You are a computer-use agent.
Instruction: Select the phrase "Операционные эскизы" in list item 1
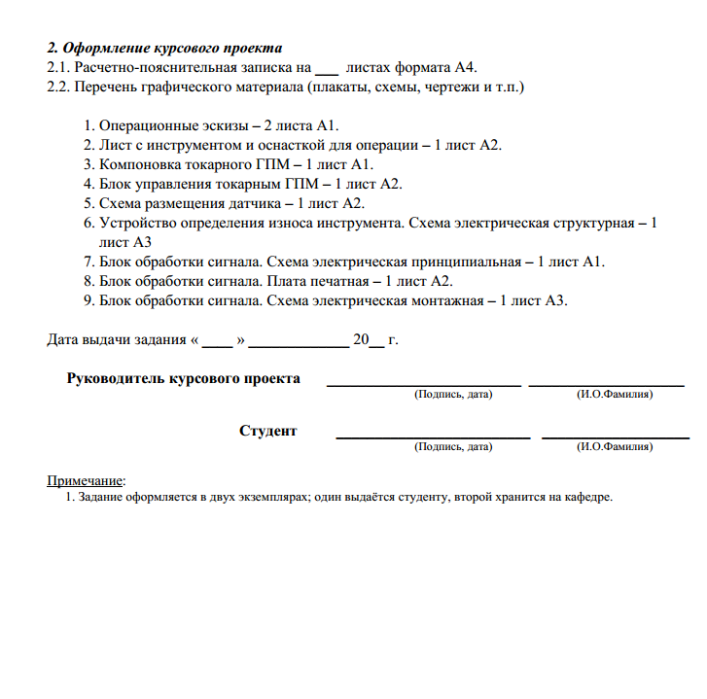coord(173,126)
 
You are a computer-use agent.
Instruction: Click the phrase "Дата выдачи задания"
coord(117,340)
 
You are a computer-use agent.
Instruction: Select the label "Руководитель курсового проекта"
coord(183,378)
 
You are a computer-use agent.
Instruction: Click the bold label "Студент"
coord(267,431)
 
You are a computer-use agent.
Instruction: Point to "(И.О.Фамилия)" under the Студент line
coord(615,447)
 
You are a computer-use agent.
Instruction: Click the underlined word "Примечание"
coord(86,479)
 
